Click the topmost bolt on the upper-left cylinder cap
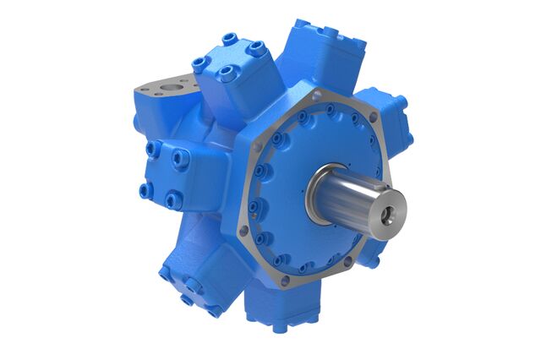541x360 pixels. pos(231,40)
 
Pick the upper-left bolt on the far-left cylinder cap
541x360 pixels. pos(151,149)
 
